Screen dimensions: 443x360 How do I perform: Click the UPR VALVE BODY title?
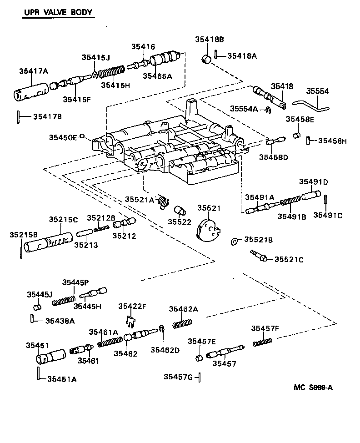[58, 12]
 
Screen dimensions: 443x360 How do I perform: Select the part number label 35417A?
[34, 70]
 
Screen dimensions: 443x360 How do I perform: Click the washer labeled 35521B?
[234, 241]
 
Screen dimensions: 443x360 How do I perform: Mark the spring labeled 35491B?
[290, 201]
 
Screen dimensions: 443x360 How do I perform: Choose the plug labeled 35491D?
[311, 196]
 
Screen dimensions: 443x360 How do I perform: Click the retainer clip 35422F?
[130, 322]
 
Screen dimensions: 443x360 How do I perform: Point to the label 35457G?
[178, 377]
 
